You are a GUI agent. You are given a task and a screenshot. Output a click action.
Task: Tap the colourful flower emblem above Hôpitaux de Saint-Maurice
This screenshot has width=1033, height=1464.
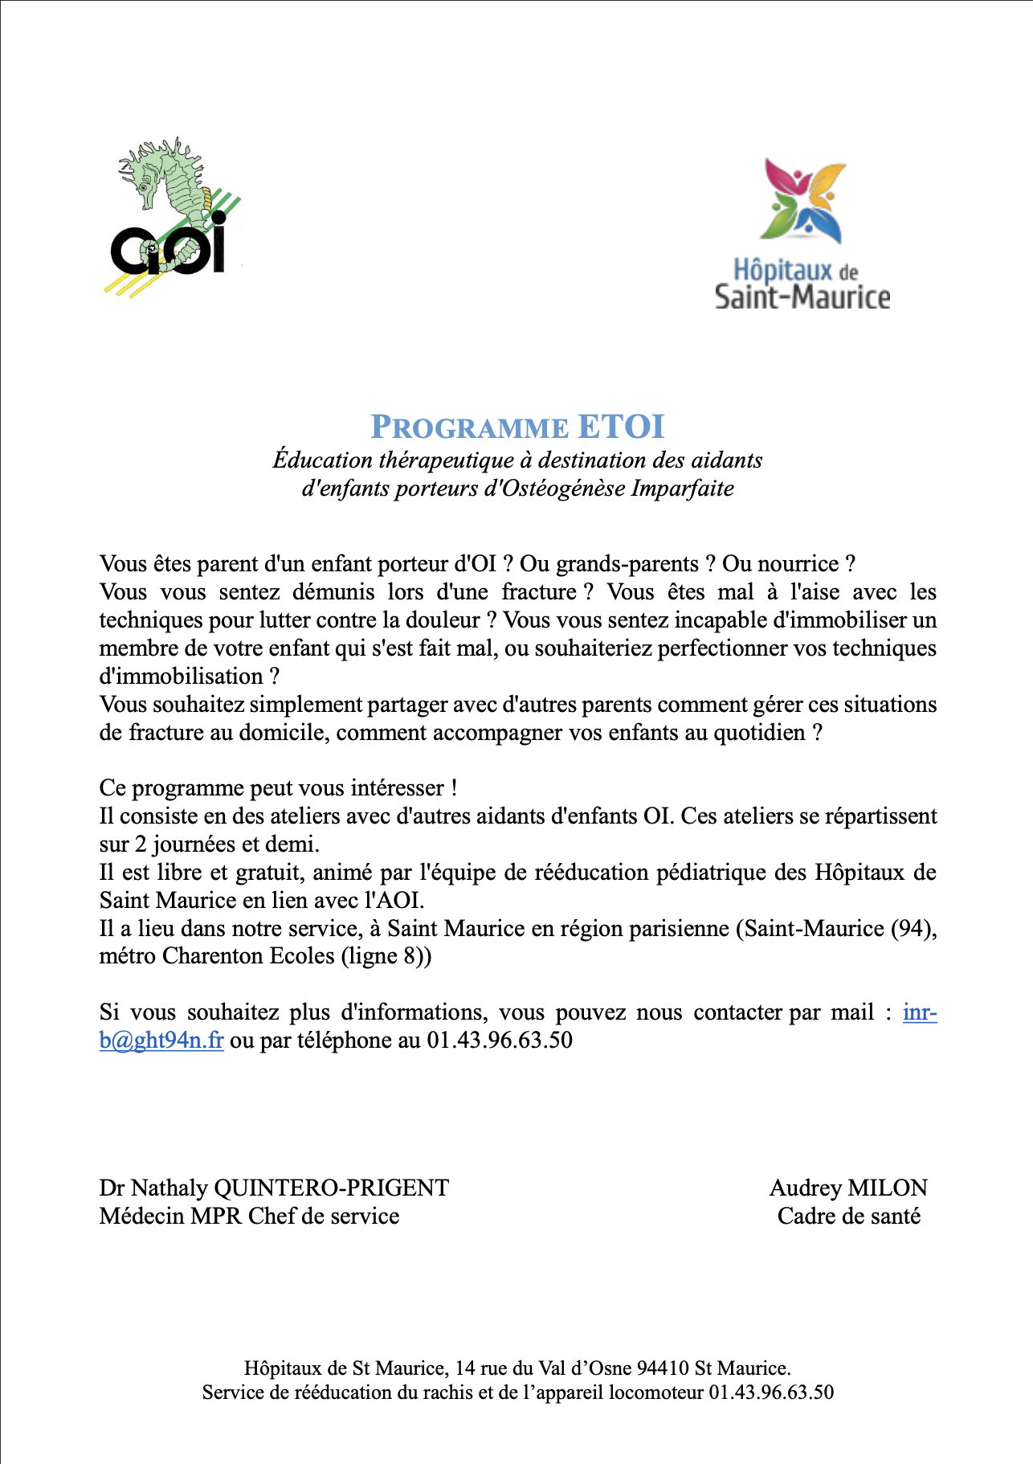point(803,201)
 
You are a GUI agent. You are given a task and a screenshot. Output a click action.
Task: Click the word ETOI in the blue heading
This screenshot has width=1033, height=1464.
point(621,427)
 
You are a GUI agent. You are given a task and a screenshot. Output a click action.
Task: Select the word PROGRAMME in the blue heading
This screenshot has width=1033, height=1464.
point(469,427)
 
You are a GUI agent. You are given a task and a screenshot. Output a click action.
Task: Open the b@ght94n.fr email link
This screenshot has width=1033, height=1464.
point(161,1041)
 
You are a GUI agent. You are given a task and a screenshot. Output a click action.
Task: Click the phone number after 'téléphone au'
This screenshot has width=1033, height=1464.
point(500,1041)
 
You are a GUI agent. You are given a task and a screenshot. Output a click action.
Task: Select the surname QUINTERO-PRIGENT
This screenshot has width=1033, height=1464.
point(331,1188)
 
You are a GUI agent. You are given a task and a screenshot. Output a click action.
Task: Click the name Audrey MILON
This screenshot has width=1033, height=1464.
point(848,1188)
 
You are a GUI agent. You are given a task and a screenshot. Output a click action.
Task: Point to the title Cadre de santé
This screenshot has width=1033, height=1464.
point(848,1217)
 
